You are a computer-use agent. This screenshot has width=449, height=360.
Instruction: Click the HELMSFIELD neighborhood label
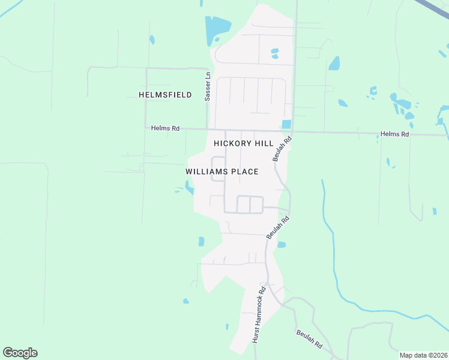(165, 95)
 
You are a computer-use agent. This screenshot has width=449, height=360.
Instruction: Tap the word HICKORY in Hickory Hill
(235, 144)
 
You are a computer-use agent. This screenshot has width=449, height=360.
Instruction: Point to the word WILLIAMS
(205, 172)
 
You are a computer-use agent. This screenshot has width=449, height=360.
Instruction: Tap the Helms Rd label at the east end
(394, 134)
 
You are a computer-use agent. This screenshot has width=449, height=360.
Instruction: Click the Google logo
(20, 353)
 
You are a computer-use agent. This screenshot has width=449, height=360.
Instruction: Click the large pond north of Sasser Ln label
(217, 28)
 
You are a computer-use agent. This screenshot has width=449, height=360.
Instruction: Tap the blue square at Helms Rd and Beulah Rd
(286, 124)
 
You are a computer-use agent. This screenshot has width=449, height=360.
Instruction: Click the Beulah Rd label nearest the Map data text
(309, 340)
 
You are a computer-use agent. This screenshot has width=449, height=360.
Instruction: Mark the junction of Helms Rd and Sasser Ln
(208, 128)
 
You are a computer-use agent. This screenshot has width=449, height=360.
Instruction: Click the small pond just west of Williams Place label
(190, 188)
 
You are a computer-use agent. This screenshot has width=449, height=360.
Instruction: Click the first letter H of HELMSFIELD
(142, 95)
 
